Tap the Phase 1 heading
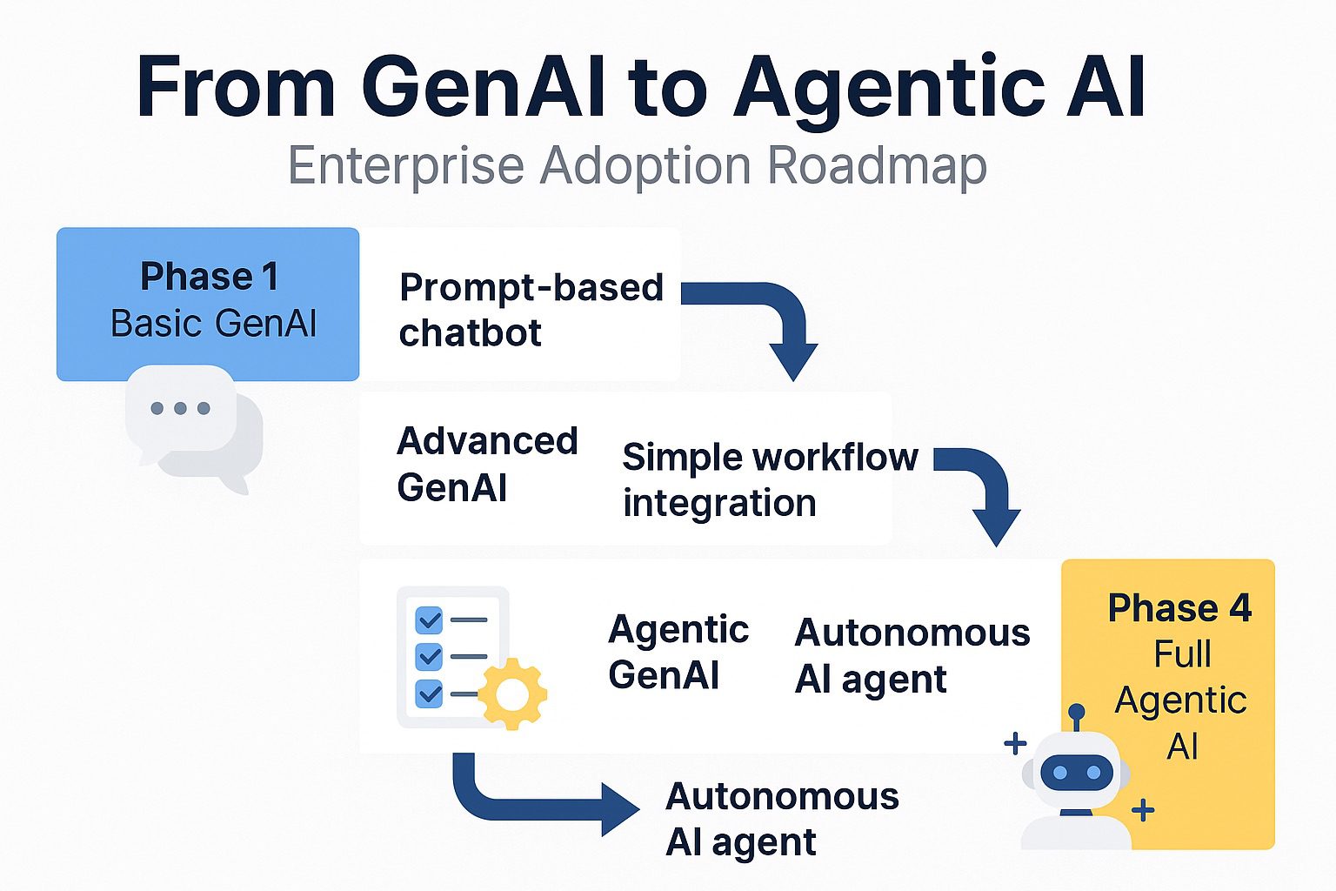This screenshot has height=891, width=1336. pyautogui.click(x=209, y=277)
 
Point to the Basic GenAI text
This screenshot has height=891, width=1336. pyautogui.click(x=213, y=324)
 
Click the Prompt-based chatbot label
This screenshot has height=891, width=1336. pyautogui.click(x=530, y=310)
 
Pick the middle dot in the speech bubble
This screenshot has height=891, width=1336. pyautogui.click(x=180, y=408)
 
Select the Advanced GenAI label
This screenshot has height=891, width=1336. pyautogui.click(x=486, y=464)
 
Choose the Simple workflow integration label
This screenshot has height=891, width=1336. pyautogui.click(x=769, y=479)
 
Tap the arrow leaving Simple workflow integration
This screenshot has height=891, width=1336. pyautogui.click(x=982, y=487)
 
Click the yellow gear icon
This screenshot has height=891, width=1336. pyautogui.click(x=512, y=693)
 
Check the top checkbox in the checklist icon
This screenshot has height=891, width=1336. pyautogui.click(x=430, y=620)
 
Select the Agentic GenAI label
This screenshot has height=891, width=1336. pyautogui.click(x=678, y=652)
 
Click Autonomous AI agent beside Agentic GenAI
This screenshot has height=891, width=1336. pyautogui.click(x=912, y=655)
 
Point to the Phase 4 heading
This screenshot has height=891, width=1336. pyautogui.click(x=1179, y=608)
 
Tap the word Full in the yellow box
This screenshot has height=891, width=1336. pyautogui.click(x=1182, y=654)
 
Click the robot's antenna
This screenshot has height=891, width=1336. pyautogui.click(x=1077, y=716)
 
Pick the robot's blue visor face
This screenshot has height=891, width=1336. pyautogui.click(x=1076, y=773)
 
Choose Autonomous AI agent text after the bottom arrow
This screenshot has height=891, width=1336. pyautogui.click(x=781, y=819)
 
